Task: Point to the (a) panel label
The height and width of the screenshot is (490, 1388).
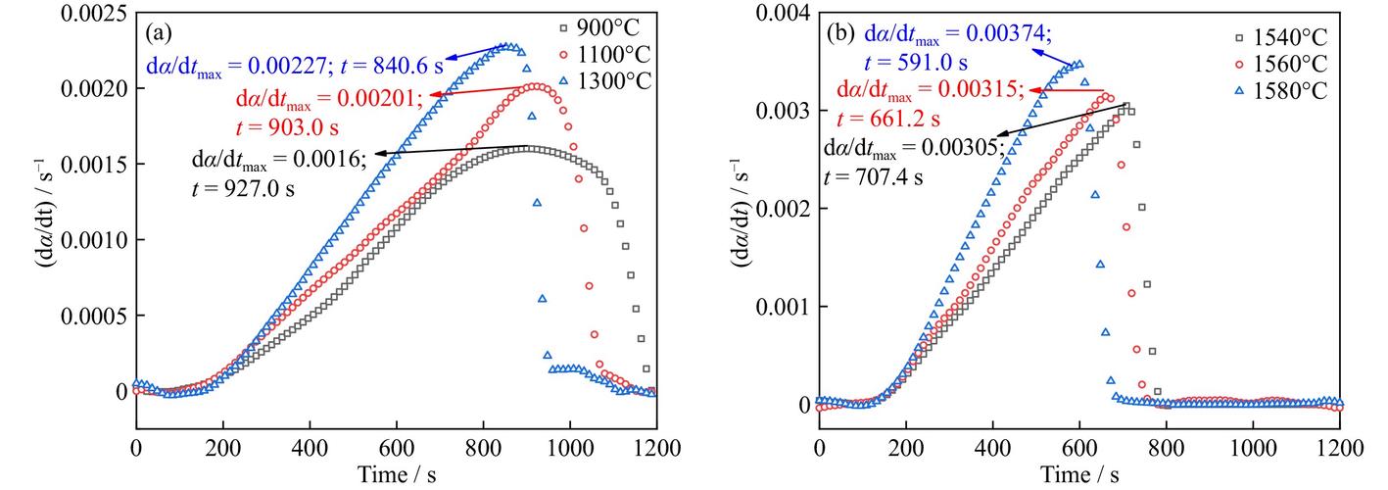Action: pos(159,32)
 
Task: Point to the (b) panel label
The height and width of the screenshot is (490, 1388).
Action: pos(841,32)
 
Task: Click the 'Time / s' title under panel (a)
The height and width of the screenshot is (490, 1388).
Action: pos(397,473)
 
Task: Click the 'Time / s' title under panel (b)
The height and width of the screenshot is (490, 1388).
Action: pos(1080,473)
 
